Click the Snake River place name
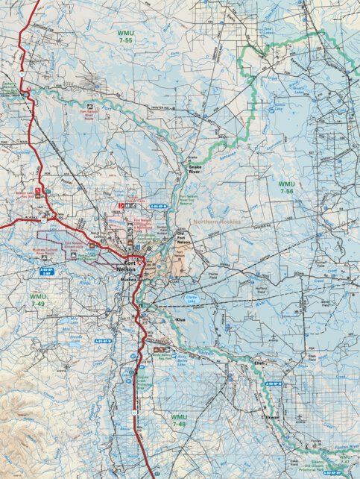point(195,169)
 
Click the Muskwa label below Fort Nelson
point(128,278)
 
